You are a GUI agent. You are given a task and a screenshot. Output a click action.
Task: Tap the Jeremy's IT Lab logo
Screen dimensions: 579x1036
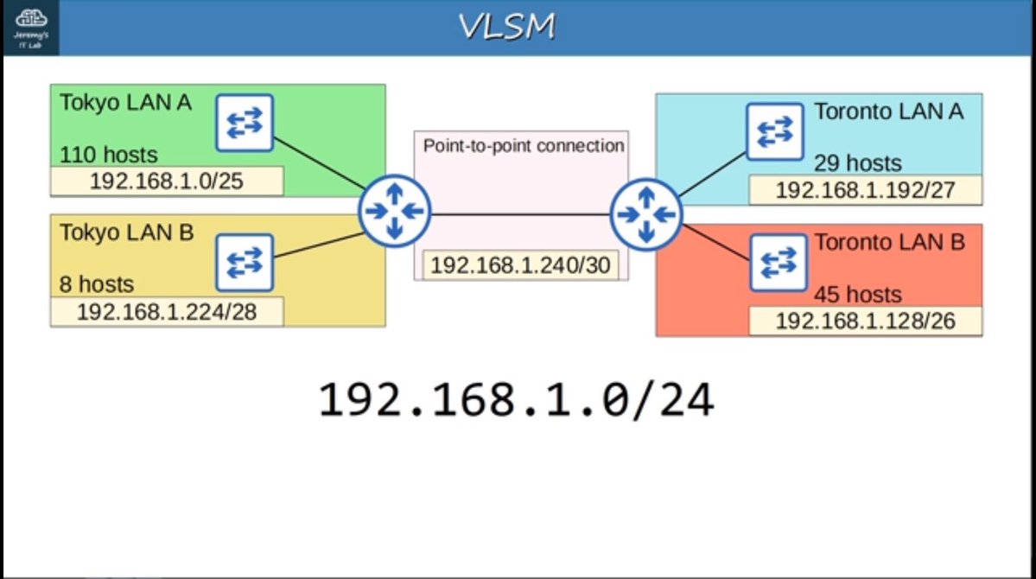pyautogui.click(x=30, y=28)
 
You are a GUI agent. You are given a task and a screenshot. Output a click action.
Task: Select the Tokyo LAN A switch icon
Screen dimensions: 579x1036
pyautogui.click(x=245, y=123)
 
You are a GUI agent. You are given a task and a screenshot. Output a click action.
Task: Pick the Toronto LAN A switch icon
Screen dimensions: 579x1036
pyautogui.click(x=774, y=131)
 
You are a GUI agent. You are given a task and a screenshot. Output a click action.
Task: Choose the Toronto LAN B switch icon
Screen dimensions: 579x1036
pyautogui.click(x=774, y=262)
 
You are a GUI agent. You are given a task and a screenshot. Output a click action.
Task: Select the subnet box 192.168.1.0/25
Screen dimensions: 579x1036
pyautogui.click(x=167, y=181)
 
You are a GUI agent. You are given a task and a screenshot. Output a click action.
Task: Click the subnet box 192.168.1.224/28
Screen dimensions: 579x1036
pyautogui.click(x=167, y=311)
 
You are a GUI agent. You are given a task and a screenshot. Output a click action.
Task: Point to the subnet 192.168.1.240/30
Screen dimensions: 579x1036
pyautogui.click(x=521, y=265)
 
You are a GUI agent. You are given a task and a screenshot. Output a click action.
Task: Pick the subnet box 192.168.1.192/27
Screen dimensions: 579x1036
pyautogui.click(x=865, y=190)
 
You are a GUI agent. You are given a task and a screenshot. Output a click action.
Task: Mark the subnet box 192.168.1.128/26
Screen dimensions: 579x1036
pyautogui.click(x=865, y=321)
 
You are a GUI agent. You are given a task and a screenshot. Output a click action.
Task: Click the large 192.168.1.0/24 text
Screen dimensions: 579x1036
pyautogui.click(x=517, y=401)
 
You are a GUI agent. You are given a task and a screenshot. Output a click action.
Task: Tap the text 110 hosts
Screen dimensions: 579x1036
pyautogui.click(x=109, y=156)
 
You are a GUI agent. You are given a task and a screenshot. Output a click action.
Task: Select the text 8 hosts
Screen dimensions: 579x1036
pyautogui.click(x=97, y=284)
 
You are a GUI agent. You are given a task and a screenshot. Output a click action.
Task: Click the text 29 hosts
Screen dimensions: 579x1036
pyautogui.click(x=857, y=163)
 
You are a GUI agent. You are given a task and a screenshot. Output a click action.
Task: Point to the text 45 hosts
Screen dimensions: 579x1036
pyautogui.click(x=857, y=295)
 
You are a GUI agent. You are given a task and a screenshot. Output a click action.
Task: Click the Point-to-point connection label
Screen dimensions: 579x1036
pyautogui.click(x=523, y=146)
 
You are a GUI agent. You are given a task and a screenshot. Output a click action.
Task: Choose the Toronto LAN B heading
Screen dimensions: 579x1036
pyautogui.click(x=889, y=243)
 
